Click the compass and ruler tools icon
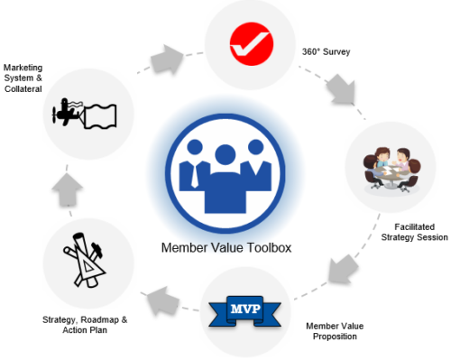coord(87,262)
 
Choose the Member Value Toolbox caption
coord(225,248)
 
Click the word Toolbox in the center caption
coord(262,248)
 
